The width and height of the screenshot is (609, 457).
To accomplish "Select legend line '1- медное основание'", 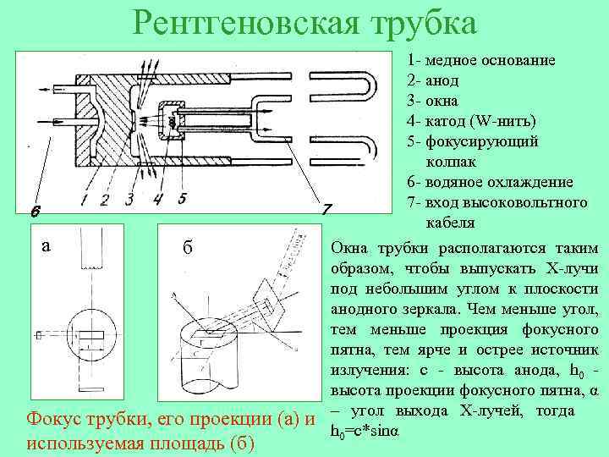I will pyautogui.click(x=480, y=61).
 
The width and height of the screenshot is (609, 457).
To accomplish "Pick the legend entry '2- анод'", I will pyautogui.click(x=432, y=81).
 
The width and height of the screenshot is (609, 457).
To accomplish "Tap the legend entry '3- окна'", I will pyautogui.click(x=432, y=102).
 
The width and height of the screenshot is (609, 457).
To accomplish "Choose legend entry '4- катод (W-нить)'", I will pyautogui.click(x=470, y=122).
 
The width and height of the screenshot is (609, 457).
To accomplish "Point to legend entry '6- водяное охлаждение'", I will pyautogui.click(x=490, y=182).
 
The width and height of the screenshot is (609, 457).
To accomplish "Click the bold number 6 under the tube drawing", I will pyautogui.click(x=36, y=211).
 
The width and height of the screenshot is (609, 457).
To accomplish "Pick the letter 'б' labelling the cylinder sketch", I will pyautogui.click(x=188, y=248).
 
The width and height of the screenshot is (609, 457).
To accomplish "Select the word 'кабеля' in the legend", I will pyautogui.click(x=450, y=223).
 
